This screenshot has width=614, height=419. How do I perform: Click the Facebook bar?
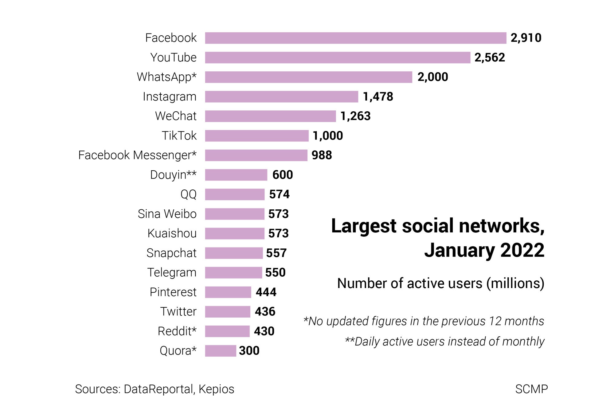355,38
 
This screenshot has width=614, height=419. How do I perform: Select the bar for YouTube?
338,57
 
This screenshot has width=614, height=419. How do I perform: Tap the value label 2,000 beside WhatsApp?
432,77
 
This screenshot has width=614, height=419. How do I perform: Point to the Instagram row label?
170,97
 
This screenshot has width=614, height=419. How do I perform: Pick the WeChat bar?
270,116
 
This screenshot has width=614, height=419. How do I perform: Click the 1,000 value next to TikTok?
328,136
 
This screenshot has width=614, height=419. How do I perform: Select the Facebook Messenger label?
137,155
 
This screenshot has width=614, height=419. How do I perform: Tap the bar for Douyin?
236,175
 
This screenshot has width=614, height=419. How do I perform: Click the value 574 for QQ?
279,194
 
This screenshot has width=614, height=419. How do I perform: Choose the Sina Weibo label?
167,214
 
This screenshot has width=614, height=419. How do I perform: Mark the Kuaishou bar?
235,233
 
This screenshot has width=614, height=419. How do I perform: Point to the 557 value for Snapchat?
276,253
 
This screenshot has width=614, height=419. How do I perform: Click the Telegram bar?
233,272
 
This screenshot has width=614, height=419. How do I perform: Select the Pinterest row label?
173,292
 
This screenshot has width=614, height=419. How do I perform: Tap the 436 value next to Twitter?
265,311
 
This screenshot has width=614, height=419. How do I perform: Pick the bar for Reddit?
227,331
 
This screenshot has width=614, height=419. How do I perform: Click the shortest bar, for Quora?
221,351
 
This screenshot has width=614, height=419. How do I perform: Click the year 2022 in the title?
522,250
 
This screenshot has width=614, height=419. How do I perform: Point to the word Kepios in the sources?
216,389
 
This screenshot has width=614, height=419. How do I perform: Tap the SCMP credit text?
531,389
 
